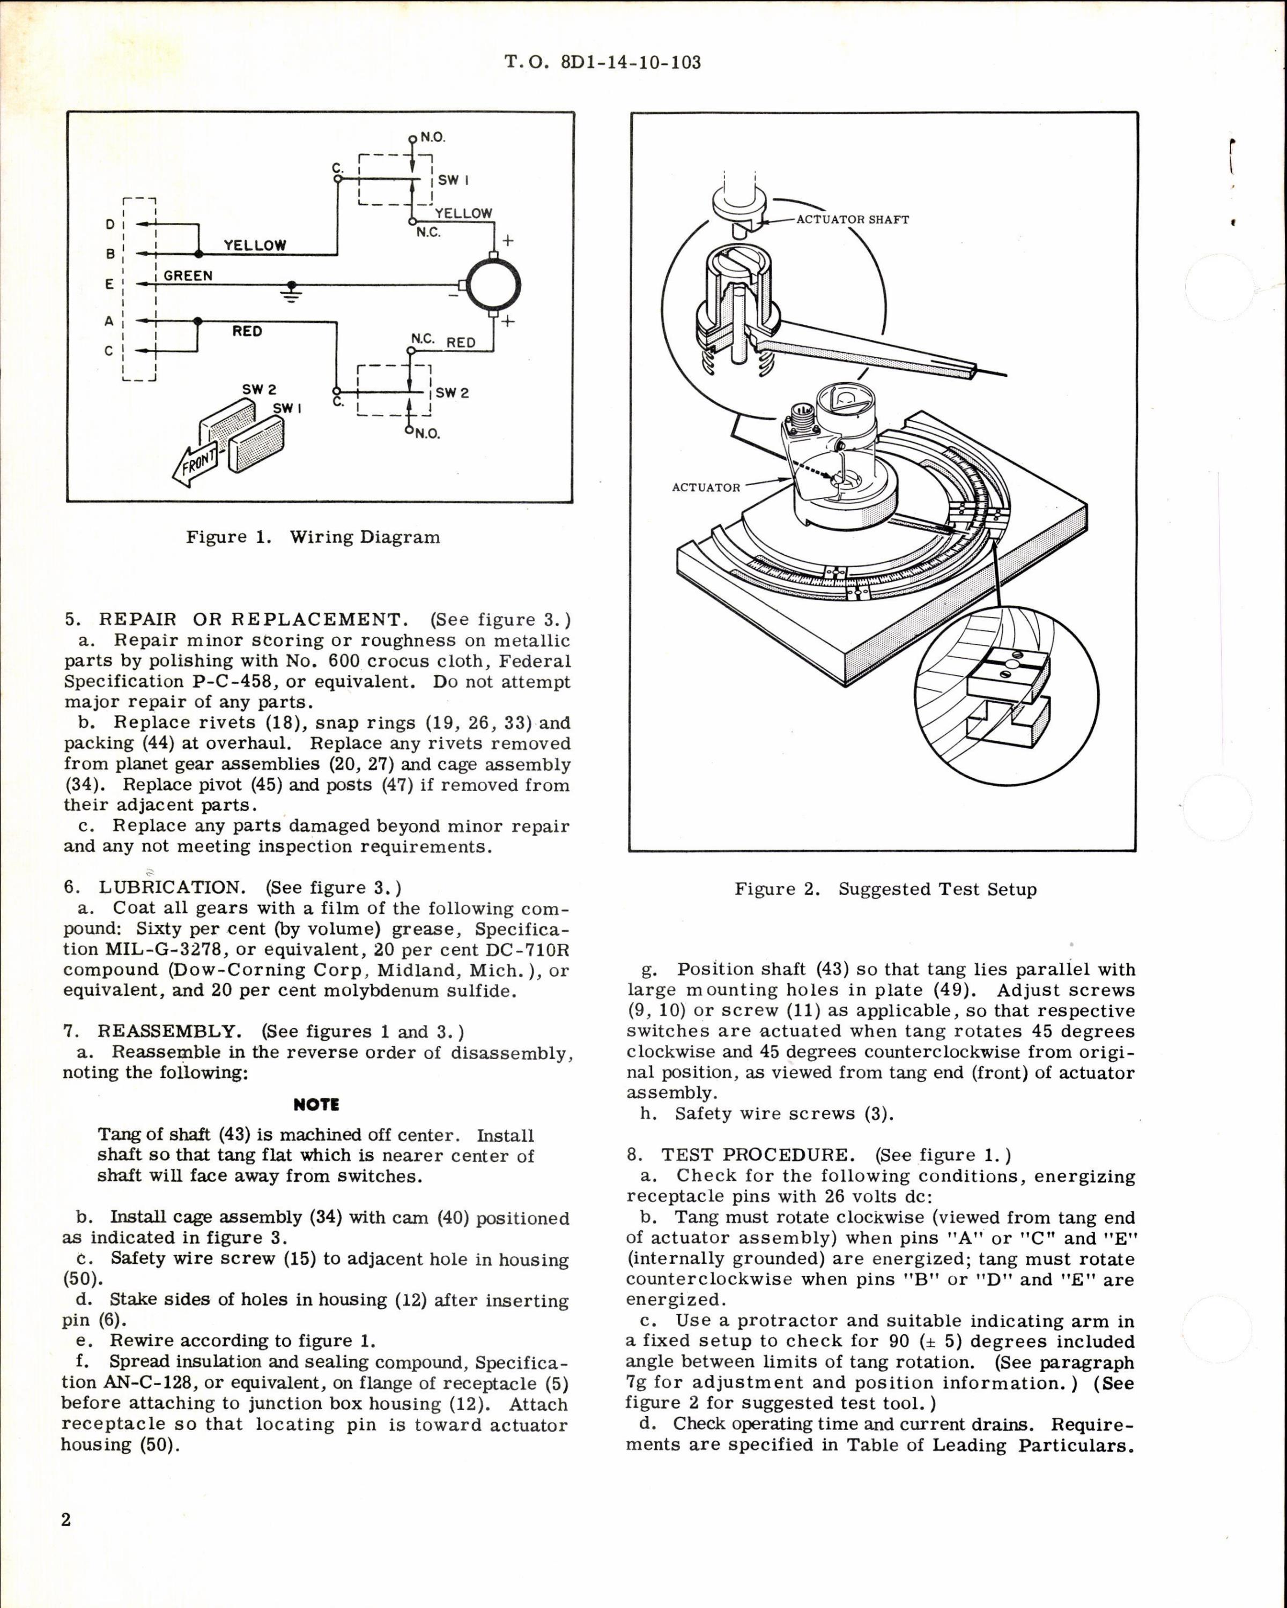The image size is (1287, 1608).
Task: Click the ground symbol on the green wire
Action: [x=292, y=289]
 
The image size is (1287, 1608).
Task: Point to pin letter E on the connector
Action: [x=110, y=284]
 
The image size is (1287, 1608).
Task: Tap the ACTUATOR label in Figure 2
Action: [x=706, y=487]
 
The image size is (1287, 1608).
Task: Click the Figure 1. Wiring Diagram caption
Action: [x=313, y=537]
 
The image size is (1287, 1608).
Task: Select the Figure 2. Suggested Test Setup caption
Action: [x=885, y=889]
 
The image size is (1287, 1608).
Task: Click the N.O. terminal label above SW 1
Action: [x=433, y=138]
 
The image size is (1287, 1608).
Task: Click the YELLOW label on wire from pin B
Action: [x=255, y=244]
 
